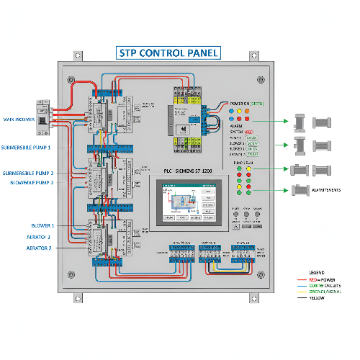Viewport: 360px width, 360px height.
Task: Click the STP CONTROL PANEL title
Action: pos(168,53)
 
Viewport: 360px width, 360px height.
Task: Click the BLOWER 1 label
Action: pos(42,225)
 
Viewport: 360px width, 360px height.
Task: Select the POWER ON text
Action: pos(240,103)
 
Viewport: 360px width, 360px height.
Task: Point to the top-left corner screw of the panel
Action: pos(70,79)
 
